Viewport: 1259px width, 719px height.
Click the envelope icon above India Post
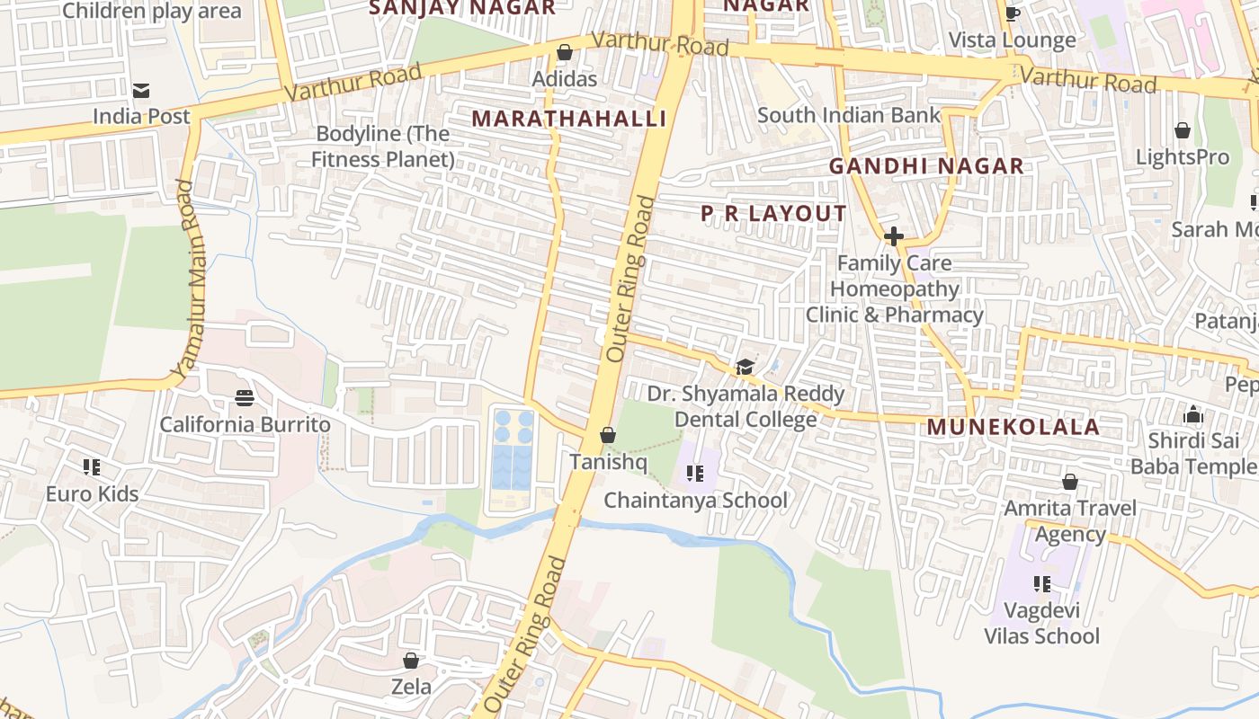[140, 91]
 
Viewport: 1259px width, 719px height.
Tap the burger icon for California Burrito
[244, 397]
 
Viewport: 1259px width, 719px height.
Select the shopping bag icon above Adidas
[564, 53]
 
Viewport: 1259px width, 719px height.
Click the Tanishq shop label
[608, 461]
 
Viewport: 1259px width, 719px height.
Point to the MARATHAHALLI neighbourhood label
[568, 119]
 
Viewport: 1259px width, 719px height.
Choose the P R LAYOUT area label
[772, 213]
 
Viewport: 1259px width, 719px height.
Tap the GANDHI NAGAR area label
[925, 166]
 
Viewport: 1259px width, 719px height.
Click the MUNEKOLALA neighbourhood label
[1013, 427]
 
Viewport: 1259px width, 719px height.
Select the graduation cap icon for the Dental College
[745, 367]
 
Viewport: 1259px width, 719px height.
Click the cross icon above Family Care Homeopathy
[893, 236]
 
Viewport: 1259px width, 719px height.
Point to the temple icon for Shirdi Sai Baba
[1193, 414]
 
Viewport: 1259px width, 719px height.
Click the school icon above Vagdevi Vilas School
[1041, 584]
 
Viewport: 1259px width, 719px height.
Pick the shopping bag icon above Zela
[411, 661]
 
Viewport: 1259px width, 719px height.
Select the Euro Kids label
[93, 493]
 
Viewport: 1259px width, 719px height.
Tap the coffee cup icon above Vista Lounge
[1012, 13]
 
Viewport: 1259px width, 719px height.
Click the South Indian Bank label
[848, 115]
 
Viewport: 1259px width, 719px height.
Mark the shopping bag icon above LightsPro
[1182, 131]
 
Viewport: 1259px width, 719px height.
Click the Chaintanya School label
[695, 500]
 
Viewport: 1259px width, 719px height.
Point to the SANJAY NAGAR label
[462, 8]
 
